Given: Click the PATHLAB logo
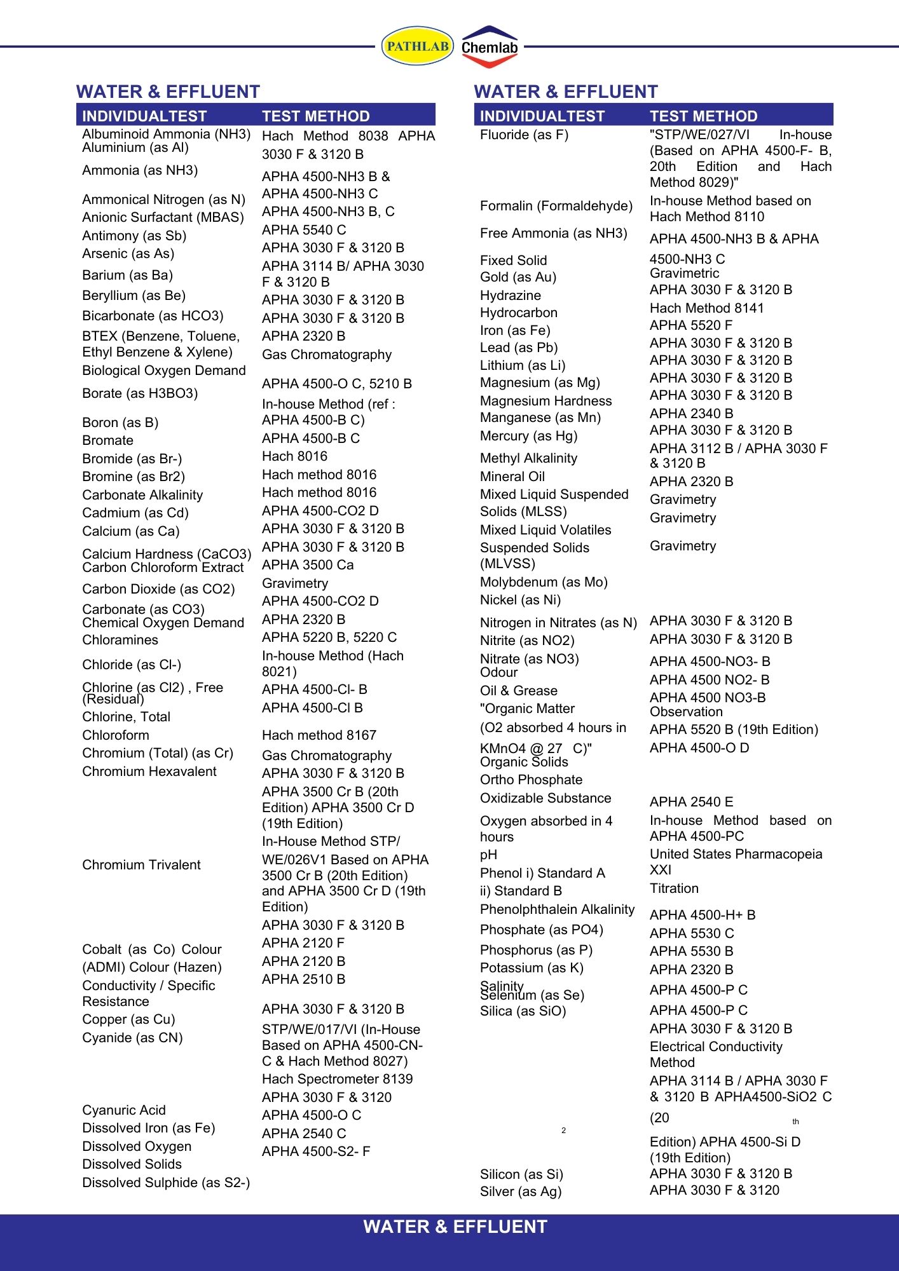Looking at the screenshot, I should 417,46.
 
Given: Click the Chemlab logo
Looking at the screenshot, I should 489,47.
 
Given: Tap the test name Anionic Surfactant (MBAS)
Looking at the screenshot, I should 163,217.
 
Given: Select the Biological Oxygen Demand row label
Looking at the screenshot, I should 163,370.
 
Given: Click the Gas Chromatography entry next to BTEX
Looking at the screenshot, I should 326,355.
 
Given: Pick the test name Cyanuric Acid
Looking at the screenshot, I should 124,1110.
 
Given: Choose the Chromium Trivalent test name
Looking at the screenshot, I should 141,864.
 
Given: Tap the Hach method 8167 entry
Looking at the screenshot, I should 319,735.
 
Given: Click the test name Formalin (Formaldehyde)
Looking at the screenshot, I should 556,206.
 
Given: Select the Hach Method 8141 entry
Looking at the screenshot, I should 706,308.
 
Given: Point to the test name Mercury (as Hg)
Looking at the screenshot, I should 528,436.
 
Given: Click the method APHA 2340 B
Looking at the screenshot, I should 691,413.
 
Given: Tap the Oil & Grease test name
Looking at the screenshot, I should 518,691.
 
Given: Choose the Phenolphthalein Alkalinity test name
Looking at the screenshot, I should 557,909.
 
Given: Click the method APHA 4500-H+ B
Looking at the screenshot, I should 702,915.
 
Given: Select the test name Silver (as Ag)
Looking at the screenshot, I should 521,1192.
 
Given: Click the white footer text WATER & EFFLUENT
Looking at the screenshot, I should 455,1227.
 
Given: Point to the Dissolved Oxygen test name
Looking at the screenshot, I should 137,1146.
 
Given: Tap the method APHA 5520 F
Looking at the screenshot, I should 690,325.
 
